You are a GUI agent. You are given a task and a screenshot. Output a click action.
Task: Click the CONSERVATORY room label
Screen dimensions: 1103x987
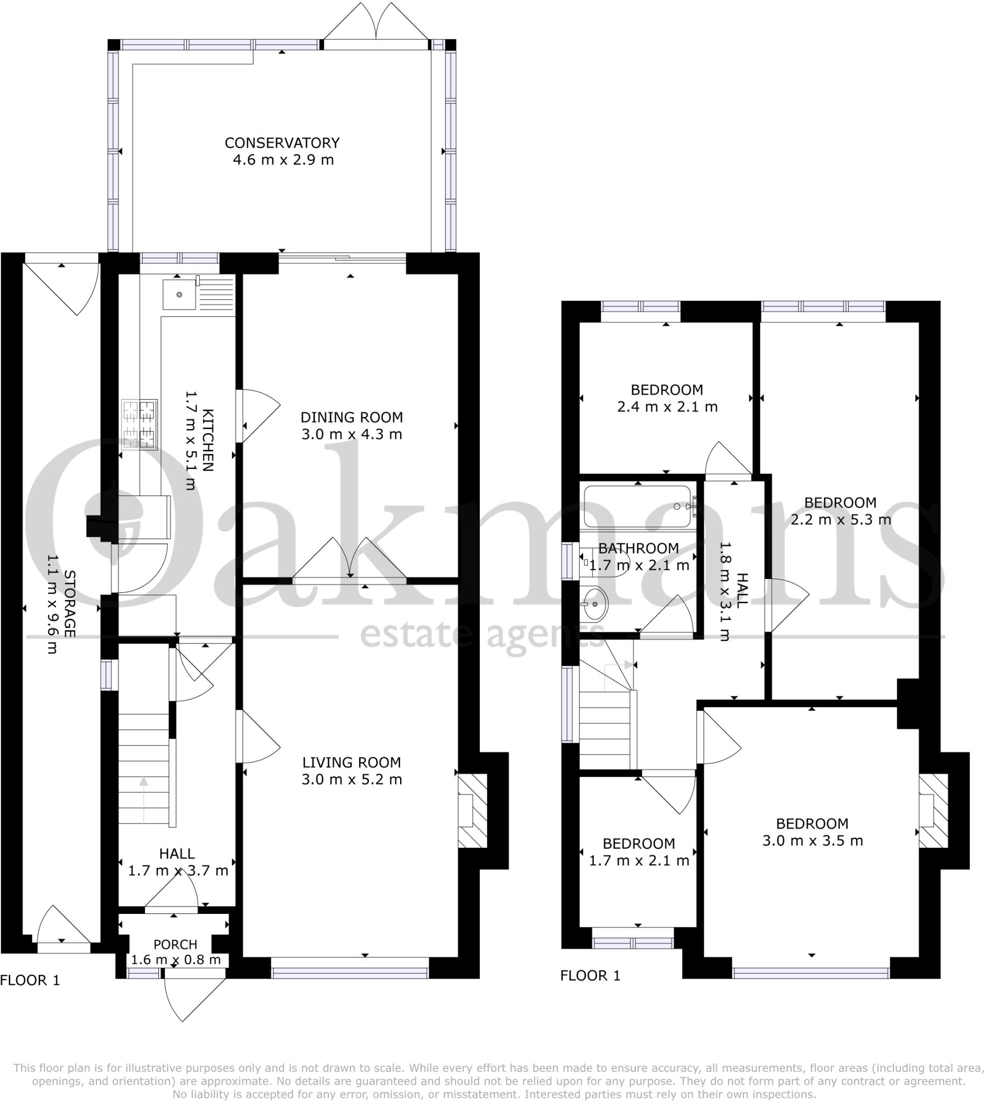pyautogui.click(x=282, y=143)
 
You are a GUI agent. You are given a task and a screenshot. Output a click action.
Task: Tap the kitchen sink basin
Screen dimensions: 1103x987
pyautogui.click(x=179, y=295)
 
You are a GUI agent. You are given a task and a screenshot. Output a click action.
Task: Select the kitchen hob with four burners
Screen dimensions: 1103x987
pyautogui.click(x=139, y=424)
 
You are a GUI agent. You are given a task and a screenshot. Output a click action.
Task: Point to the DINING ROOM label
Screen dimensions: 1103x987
pyautogui.click(x=352, y=417)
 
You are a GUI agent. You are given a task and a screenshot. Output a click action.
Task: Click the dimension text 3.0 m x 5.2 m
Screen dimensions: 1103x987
pyautogui.click(x=352, y=779)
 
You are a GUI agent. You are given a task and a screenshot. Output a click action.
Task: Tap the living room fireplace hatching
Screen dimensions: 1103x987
pyautogui.click(x=472, y=810)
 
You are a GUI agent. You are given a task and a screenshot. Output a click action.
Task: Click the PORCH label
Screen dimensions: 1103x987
pyautogui.click(x=175, y=944)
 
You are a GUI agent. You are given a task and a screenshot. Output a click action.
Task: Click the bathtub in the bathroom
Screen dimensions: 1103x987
pyautogui.click(x=636, y=506)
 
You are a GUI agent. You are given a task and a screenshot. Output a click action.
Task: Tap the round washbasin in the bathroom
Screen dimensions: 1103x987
pyautogui.click(x=595, y=604)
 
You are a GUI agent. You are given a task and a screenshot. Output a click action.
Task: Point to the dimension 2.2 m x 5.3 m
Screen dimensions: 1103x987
pyautogui.click(x=840, y=520)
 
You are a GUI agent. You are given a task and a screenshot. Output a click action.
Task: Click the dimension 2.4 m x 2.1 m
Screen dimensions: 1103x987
pyautogui.click(x=667, y=407)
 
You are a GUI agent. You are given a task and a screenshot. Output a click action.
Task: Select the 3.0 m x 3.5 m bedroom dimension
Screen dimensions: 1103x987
pyautogui.click(x=812, y=841)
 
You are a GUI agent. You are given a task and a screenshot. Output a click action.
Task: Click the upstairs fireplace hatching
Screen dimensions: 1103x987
pyautogui.click(x=933, y=810)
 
